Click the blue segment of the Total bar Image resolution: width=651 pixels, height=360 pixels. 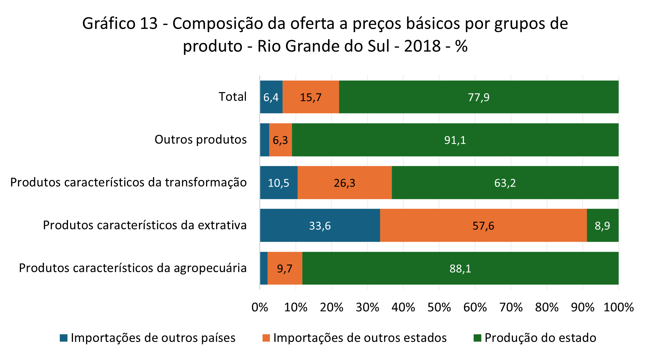pyautogui.click(x=271, y=97)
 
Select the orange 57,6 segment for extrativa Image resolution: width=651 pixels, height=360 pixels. pyautogui.click(x=483, y=225)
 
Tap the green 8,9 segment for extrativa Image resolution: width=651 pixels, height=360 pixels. pyautogui.click(x=603, y=225)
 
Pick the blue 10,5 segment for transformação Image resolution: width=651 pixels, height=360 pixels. pyautogui.click(x=279, y=183)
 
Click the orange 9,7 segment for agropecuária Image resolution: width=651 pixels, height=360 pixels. pyautogui.click(x=285, y=268)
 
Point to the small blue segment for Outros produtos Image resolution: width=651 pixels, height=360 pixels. pyautogui.click(x=265, y=140)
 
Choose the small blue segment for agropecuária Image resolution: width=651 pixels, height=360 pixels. pyautogui.click(x=264, y=268)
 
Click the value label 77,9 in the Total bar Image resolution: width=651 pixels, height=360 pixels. pyautogui.click(x=478, y=97)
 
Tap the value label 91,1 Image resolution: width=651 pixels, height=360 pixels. pyautogui.click(x=455, y=140)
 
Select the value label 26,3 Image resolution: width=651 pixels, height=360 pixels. pyautogui.click(x=344, y=183)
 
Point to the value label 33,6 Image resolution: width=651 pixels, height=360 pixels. pyautogui.click(x=320, y=226)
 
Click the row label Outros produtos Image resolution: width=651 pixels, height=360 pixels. pyautogui.click(x=200, y=139)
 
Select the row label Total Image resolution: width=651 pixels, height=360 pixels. pyautogui.click(x=232, y=97)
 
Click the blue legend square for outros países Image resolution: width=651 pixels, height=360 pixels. pyautogui.click(x=63, y=338)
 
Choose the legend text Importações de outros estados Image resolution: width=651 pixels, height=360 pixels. pyautogui.click(x=360, y=338)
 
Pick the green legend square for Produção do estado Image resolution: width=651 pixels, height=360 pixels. pyautogui.click(x=477, y=338)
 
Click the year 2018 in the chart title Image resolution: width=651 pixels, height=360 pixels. pyautogui.click(x=422, y=46)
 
